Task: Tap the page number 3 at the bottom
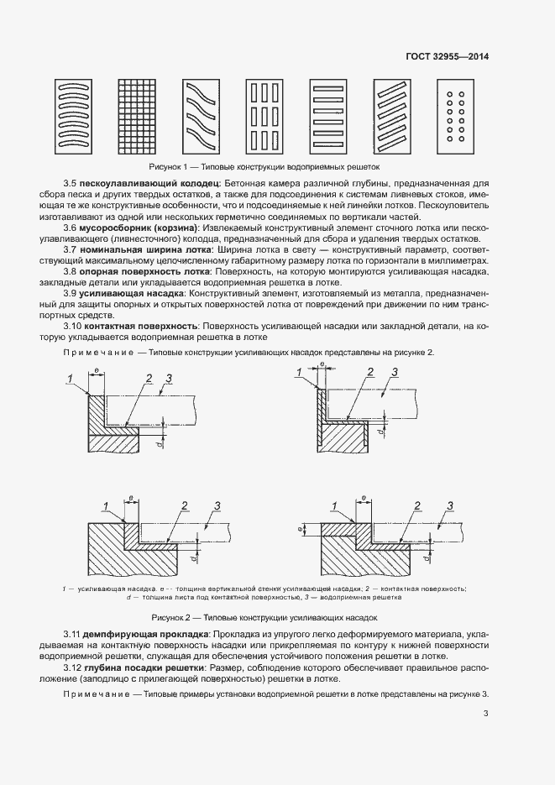point(486,714)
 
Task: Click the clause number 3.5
point(71,182)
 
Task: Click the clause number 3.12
point(73,666)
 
